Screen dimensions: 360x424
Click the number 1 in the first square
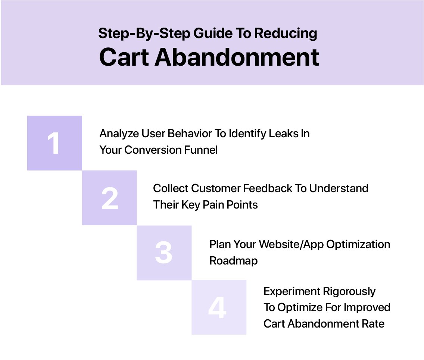54,144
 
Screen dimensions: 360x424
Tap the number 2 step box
109,198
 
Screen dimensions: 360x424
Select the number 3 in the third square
164,253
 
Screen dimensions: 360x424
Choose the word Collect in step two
171,188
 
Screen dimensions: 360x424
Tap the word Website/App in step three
291,244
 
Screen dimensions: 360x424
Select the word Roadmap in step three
233,261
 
